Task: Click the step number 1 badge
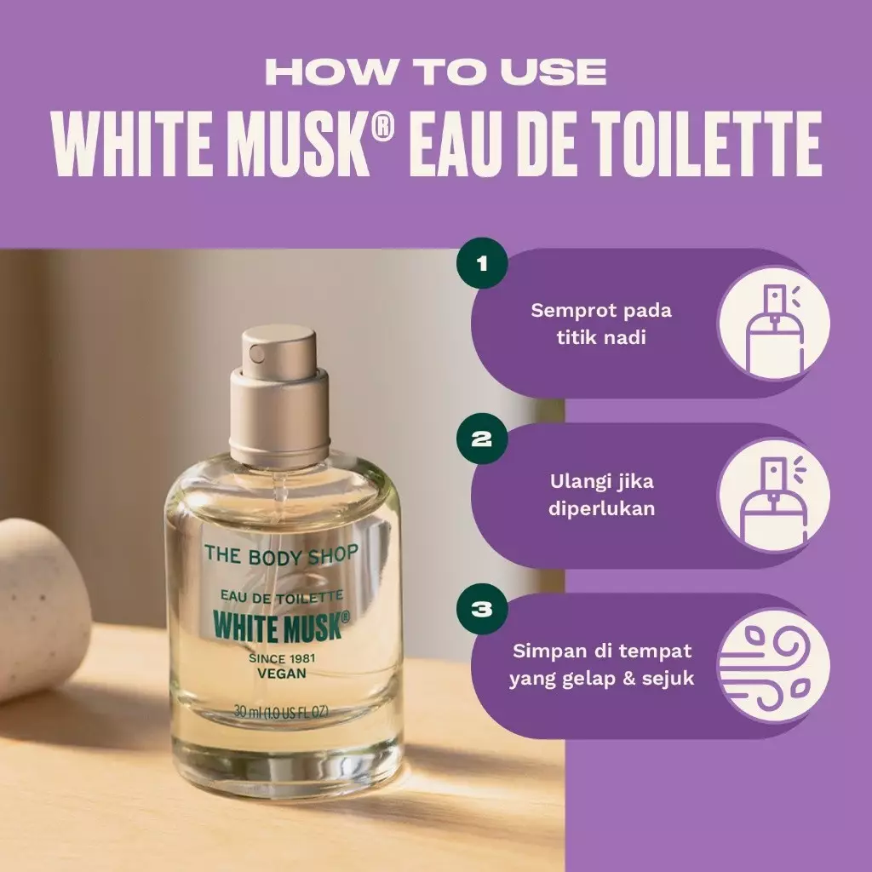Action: [x=482, y=263]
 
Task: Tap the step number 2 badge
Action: [x=482, y=439]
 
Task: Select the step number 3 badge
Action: [x=482, y=610]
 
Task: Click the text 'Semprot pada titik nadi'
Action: [x=601, y=324]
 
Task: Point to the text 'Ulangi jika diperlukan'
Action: [x=601, y=496]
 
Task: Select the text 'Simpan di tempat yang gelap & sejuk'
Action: [x=601, y=665]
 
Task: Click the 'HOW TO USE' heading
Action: [x=436, y=72]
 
